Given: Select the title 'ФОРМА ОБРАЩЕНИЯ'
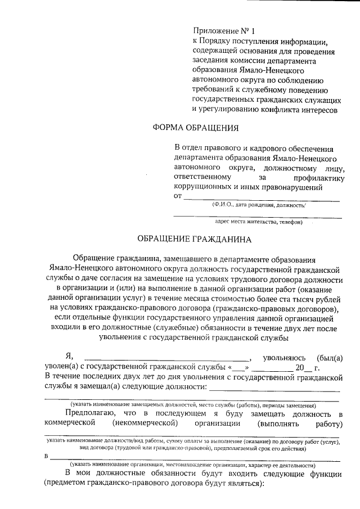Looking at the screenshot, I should pos(196,127).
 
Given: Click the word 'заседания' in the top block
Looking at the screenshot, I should pos(211,61).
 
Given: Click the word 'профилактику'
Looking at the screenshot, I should pos(313,177).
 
